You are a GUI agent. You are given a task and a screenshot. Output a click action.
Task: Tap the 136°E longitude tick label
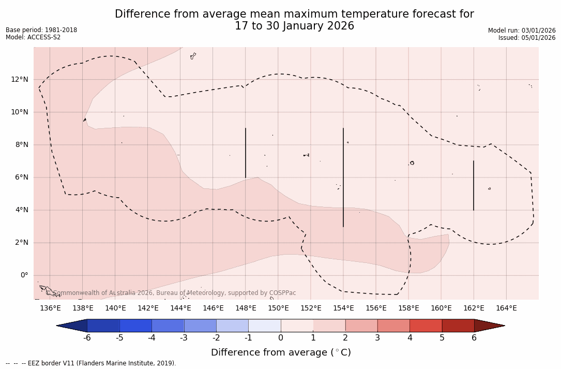(50, 308)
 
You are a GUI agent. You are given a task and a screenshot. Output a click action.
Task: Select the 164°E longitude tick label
(506, 308)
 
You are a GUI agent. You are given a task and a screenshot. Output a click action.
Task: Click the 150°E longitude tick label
(278, 308)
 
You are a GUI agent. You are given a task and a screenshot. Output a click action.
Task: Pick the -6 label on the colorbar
(87, 338)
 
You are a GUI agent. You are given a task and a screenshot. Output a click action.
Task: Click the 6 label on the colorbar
(474, 338)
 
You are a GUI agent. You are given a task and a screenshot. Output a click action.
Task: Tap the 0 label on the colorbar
(281, 338)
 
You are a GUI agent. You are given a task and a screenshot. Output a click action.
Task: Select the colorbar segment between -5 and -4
(136, 326)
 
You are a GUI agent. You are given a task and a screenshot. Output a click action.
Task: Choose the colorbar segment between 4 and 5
(426, 326)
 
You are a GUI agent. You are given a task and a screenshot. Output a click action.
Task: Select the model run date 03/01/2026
(537, 31)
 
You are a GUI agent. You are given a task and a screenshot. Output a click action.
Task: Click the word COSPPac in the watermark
(283, 293)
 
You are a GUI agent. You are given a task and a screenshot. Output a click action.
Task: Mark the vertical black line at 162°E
(474, 185)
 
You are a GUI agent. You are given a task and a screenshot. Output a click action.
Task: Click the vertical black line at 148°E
(246, 153)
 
